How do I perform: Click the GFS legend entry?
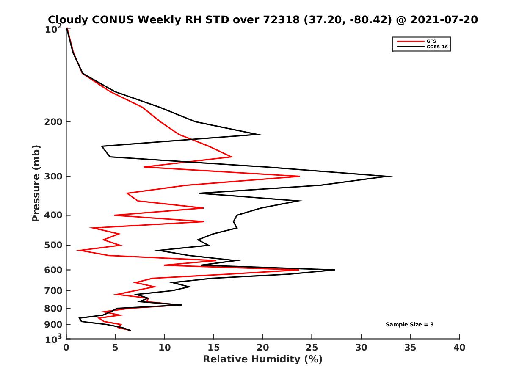click(x=429, y=41)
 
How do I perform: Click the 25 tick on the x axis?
click(x=312, y=348)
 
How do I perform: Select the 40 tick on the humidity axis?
click(x=459, y=348)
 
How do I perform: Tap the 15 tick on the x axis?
click(x=214, y=348)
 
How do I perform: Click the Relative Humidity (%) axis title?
click(x=262, y=359)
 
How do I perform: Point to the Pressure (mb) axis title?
click(x=36, y=183)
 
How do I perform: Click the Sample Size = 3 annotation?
click(x=409, y=325)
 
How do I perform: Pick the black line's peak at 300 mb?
click(x=391, y=176)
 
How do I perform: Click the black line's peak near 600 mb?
click(x=334, y=270)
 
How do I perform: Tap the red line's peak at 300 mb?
click(x=299, y=176)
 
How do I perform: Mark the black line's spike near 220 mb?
click(x=260, y=135)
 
